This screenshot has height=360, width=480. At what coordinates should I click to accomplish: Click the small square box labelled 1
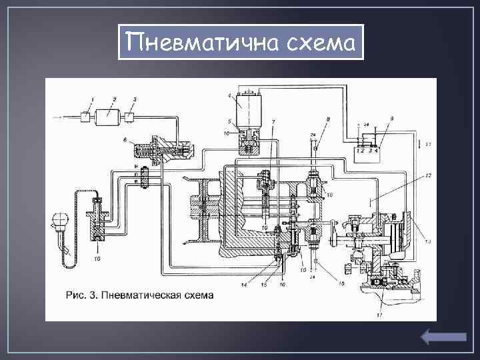click(86, 117)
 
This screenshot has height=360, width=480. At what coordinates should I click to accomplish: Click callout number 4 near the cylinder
click(230, 96)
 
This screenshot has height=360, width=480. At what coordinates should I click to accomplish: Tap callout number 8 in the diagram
click(327, 119)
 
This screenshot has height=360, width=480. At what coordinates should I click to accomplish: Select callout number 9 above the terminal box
click(392, 119)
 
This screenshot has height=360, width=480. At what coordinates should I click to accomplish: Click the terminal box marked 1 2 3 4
click(368, 145)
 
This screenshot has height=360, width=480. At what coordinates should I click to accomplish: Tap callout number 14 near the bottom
click(245, 285)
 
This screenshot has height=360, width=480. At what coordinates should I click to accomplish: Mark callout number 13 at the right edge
click(428, 241)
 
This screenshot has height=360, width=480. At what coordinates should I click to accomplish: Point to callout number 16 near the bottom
click(341, 283)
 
